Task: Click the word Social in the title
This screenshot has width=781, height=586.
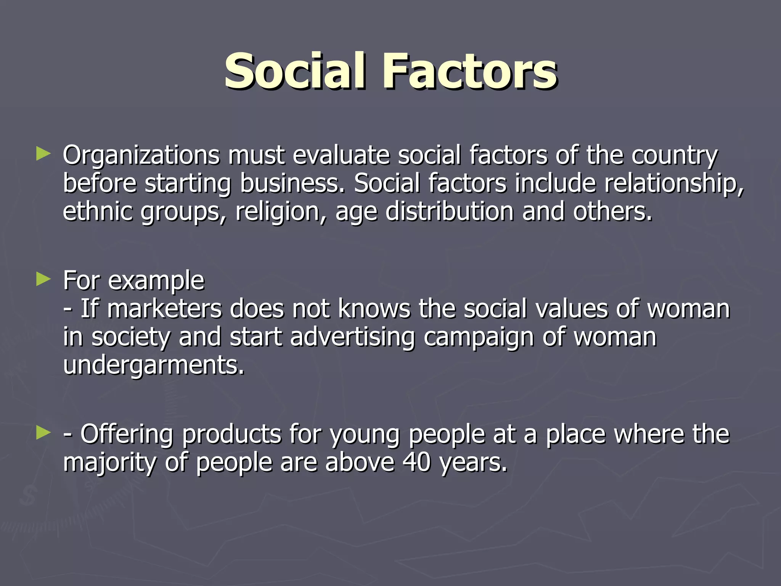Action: [x=296, y=71]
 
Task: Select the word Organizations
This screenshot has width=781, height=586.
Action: [x=141, y=155]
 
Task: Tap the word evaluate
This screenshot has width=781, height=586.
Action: [x=341, y=155]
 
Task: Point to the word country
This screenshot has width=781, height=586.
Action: [x=674, y=155]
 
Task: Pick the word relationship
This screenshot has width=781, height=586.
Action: [x=673, y=183]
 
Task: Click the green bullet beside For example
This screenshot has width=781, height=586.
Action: [x=43, y=280]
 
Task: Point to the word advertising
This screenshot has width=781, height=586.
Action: [x=352, y=337]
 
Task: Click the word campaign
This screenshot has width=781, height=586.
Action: [x=479, y=337]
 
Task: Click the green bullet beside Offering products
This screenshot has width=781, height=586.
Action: [x=43, y=433]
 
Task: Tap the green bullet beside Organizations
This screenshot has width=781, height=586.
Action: [x=43, y=154]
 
